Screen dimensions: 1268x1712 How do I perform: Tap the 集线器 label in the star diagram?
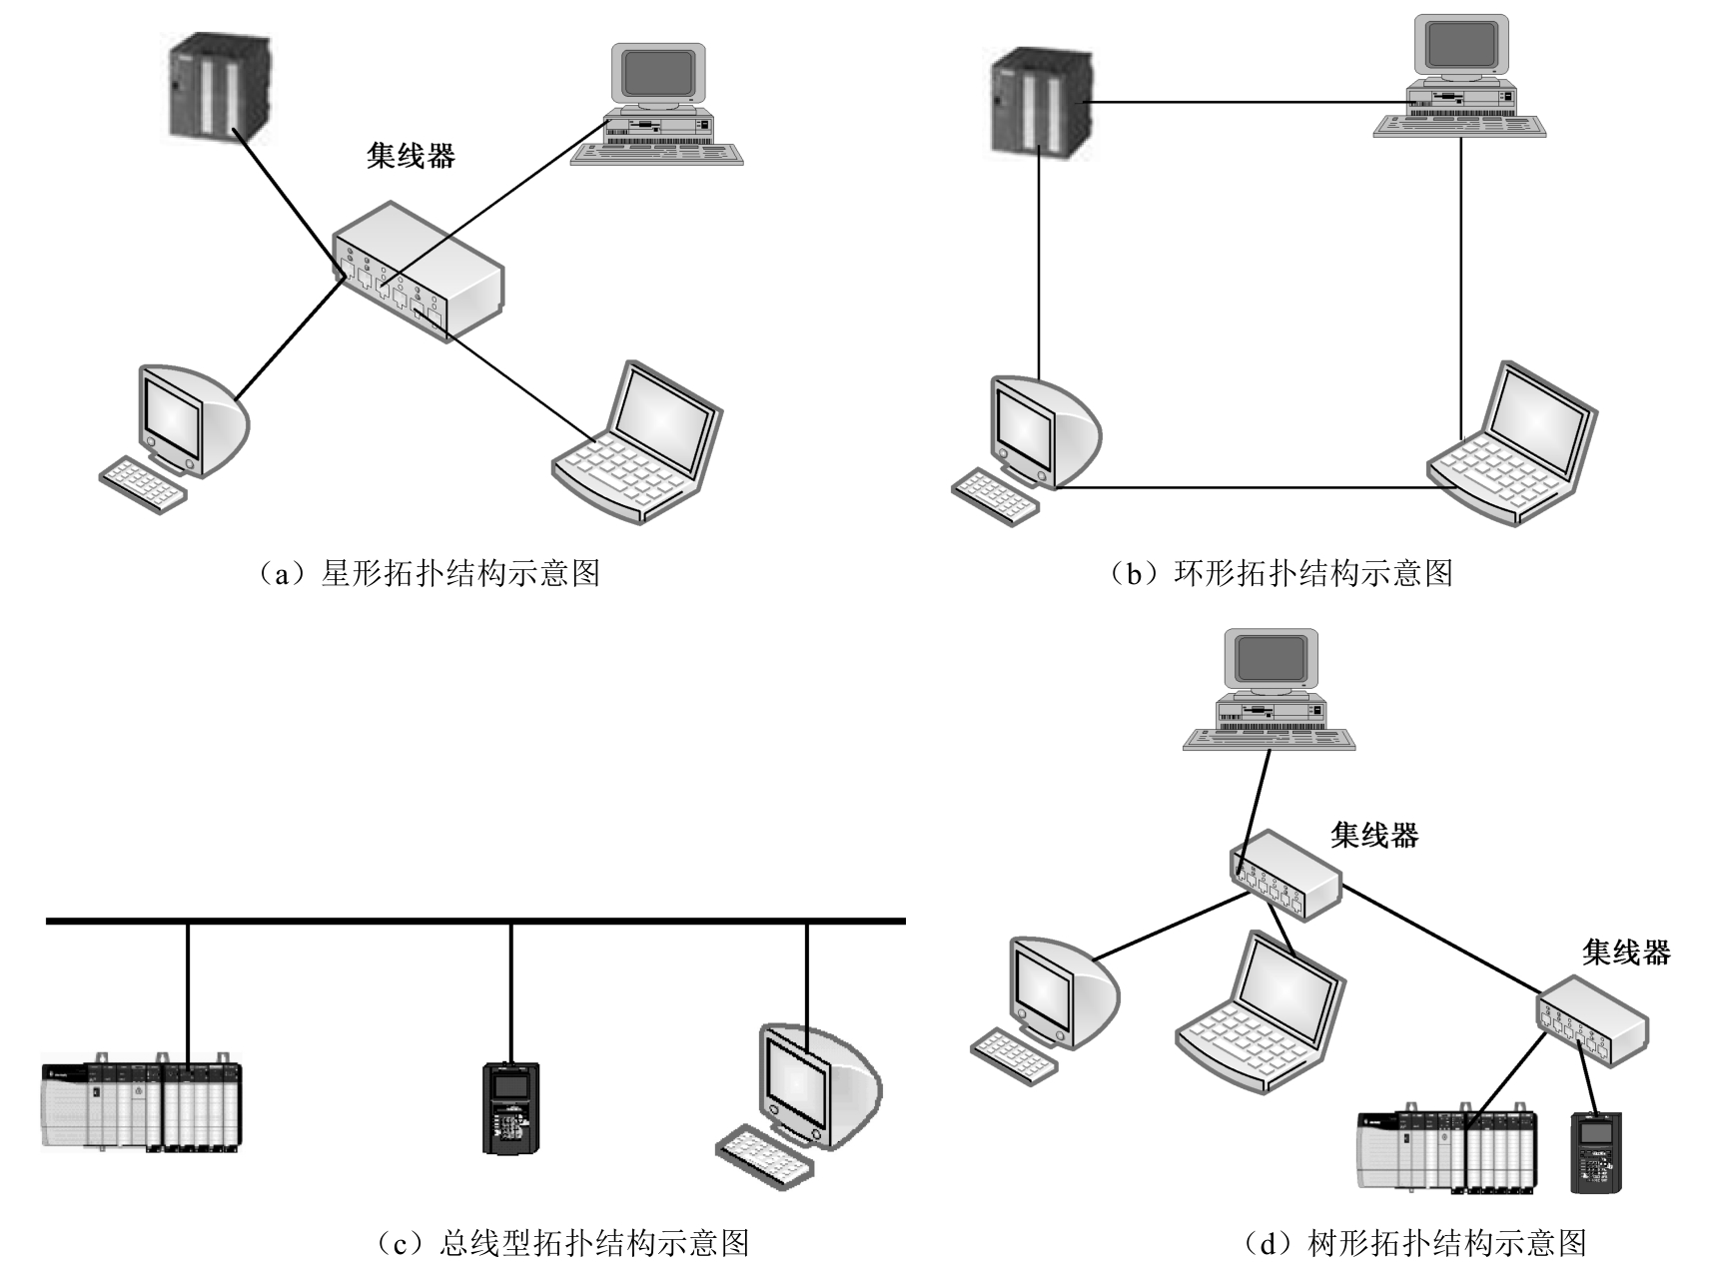(x=411, y=156)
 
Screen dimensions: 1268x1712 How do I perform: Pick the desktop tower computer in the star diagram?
(x=658, y=106)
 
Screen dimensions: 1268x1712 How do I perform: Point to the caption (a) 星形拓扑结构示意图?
(x=429, y=573)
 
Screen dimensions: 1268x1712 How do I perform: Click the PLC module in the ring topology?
(x=1039, y=102)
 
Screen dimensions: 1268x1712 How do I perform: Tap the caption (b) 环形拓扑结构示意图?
(x=1282, y=573)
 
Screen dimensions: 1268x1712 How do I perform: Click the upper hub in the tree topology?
(x=1284, y=874)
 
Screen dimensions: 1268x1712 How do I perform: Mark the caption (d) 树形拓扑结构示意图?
(x=1414, y=1243)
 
